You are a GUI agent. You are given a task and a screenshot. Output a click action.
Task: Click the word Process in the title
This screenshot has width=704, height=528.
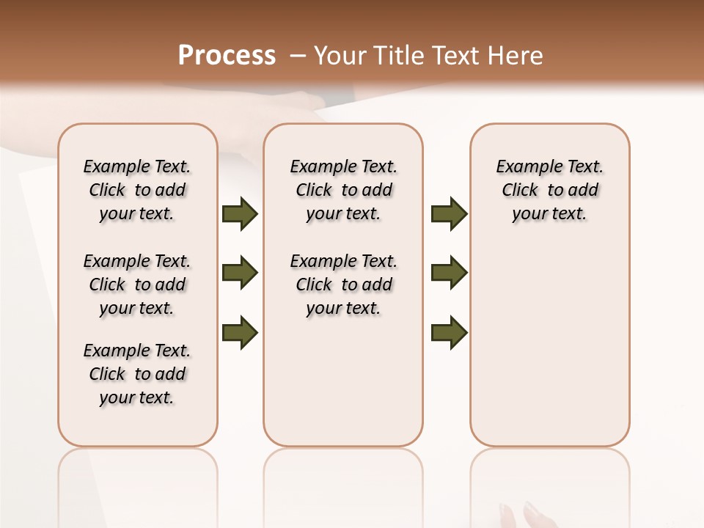(227, 55)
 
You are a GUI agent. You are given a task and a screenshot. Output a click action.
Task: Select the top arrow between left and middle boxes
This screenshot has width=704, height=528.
(240, 213)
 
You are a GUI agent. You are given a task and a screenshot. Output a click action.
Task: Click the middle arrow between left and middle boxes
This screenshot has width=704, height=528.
(240, 273)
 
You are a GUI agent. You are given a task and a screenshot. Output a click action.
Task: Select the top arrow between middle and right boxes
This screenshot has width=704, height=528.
(449, 213)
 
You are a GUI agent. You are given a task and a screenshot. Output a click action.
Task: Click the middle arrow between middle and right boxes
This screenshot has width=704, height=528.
(449, 273)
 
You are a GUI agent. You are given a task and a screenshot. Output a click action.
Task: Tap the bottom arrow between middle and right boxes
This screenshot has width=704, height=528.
(449, 332)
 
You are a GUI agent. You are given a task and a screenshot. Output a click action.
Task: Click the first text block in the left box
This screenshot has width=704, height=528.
(137, 190)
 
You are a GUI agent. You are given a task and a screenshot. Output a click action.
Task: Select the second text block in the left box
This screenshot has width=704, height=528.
(137, 285)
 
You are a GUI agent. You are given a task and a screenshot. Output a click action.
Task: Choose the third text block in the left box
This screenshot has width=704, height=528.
(137, 374)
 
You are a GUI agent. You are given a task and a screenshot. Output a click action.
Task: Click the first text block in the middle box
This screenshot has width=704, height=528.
(344, 190)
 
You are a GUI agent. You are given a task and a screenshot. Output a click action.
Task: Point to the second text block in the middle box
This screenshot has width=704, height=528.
(344, 285)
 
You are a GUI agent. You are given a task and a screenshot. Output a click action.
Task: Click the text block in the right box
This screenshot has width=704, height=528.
(550, 190)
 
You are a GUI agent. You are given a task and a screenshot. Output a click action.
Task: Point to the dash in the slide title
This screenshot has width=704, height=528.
(298, 55)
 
